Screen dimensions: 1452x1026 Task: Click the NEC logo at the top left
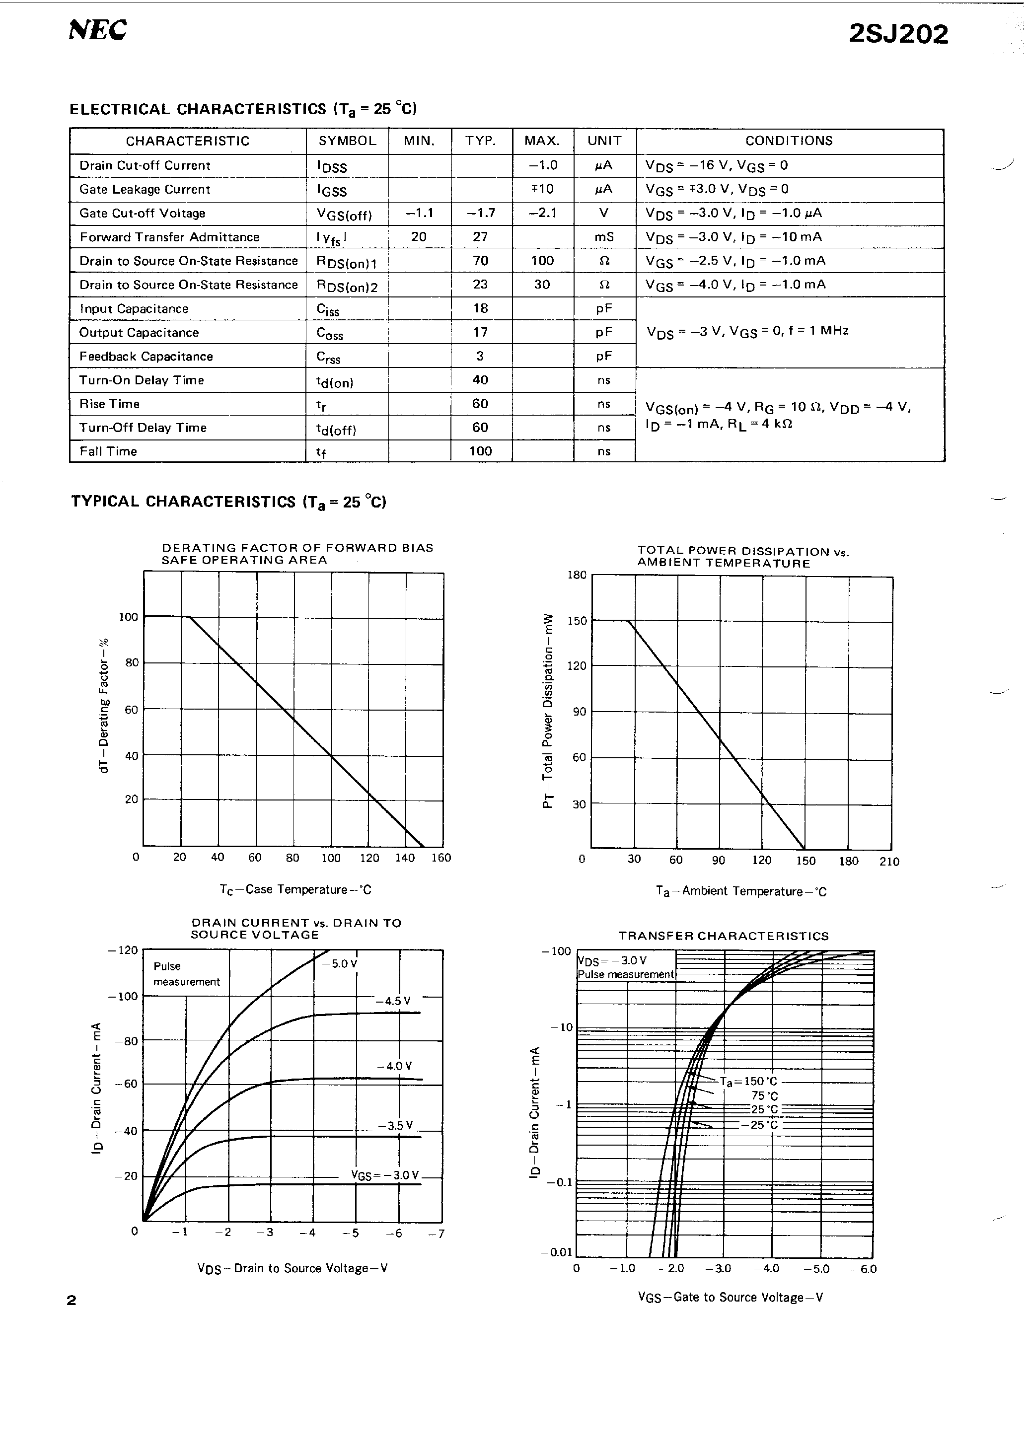pyautogui.click(x=97, y=30)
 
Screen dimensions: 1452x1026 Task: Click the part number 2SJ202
pyautogui.click(x=898, y=34)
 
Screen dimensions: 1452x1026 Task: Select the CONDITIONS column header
pyautogui.click(x=789, y=141)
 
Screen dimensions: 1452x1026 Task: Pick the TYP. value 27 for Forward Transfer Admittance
pyautogui.click(x=481, y=236)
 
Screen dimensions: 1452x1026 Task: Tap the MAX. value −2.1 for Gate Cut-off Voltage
pyautogui.click(x=542, y=213)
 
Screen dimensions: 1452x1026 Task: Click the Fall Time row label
pyautogui.click(x=108, y=451)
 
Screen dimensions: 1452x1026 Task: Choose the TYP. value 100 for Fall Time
pyautogui.click(x=481, y=451)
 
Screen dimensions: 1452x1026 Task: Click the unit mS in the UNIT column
pyautogui.click(x=604, y=236)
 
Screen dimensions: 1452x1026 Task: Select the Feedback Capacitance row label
pyautogui.click(x=146, y=356)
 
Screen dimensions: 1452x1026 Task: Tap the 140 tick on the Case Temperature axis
pyautogui.click(x=405, y=858)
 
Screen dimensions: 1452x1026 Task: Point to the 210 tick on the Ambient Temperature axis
pyautogui.click(x=889, y=862)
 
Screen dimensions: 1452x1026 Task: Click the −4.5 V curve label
pyautogui.click(x=392, y=1001)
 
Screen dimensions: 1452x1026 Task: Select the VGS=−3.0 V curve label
pyautogui.click(x=384, y=1175)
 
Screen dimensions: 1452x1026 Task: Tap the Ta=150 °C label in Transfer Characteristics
pyautogui.click(x=749, y=1082)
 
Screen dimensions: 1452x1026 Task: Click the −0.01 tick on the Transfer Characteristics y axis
pyautogui.click(x=557, y=1251)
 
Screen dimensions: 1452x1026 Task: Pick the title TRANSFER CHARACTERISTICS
pyautogui.click(x=723, y=936)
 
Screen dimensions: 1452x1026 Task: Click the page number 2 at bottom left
pyautogui.click(x=72, y=1300)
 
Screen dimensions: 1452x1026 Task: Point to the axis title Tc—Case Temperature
pyautogui.click(x=295, y=889)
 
